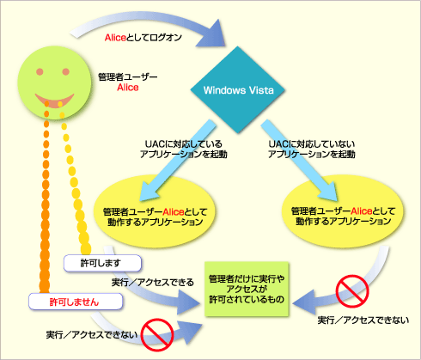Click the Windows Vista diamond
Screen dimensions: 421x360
click(x=238, y=90)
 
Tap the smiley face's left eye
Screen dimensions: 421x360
click(x=40, y=71)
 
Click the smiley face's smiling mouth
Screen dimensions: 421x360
click(x=54, y=101)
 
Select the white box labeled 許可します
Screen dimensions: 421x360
click(x=102, y=263)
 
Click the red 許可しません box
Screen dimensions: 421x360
click(x=76, y=302)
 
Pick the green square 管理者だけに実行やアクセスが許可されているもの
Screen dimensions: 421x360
click(x=247, y=289)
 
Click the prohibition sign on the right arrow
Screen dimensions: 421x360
click(x=352, y=291)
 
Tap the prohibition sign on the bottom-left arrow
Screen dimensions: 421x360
click(x=157, y=335)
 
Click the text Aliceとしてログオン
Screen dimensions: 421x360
click(x=143, y=38)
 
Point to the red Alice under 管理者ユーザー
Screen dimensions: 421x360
click(x=128, y=88)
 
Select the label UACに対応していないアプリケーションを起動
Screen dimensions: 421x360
click(x=312, y=149)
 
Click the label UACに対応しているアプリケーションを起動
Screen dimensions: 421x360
click(x=184, y=149)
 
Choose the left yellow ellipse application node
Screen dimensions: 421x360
click(x=155, y=211)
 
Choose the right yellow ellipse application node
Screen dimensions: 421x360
click(x=343, y=211)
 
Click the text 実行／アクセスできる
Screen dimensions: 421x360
click(x=153, y=283)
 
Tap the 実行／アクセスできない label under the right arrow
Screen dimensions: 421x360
click(x=363, y=320)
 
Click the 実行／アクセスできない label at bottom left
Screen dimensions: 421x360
click(x=92, y=334)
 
